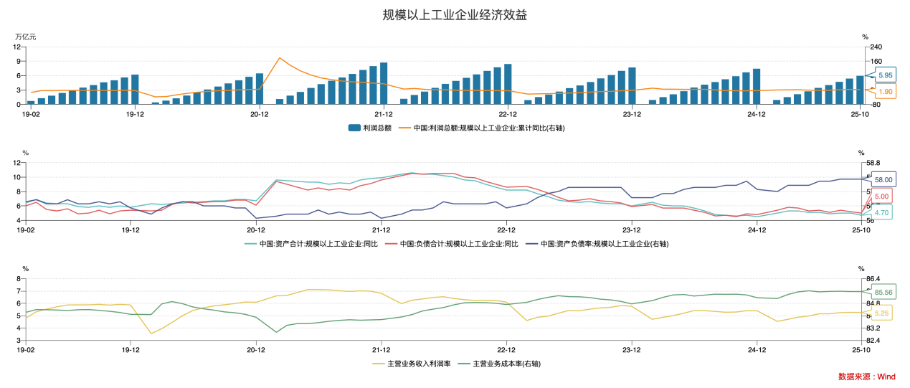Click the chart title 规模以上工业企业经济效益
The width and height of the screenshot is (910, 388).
459,15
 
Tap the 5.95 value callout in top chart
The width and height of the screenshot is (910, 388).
885,75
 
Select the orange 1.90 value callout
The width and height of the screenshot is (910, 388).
885,92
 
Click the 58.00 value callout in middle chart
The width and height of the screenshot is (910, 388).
883,180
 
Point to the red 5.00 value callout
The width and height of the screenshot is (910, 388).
881,197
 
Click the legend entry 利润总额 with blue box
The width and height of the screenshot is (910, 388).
370,128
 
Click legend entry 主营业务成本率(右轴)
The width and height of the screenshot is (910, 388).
503,364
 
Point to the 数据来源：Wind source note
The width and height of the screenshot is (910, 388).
866,377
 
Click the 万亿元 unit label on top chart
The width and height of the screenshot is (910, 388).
25,36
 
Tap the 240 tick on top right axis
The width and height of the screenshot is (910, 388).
876,47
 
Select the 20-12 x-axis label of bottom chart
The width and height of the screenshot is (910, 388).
257,350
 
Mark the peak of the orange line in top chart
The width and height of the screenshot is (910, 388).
280,58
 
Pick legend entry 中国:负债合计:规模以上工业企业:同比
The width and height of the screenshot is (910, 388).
452,244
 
